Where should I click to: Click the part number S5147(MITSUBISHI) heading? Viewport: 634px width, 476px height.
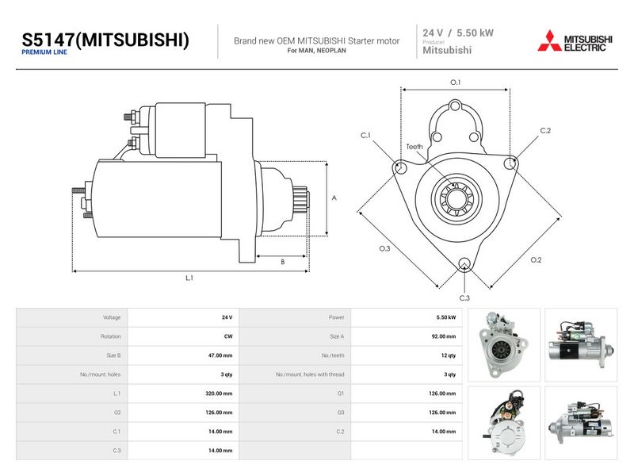[x=105, y=40]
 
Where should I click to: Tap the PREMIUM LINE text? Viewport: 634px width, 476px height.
[x=44, y=52]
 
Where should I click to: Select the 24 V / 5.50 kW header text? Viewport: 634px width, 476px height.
[x=458, y=33]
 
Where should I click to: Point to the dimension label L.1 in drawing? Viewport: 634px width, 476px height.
[x=189, y=278]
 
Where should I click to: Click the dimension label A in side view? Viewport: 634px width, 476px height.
[x=334, y=198]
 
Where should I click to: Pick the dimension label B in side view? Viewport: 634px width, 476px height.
[x=283, y=262]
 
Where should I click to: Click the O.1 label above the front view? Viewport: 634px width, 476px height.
[x=455, y=83]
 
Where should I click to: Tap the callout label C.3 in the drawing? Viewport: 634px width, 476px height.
[x=464, y=298]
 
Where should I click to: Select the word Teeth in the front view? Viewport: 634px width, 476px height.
[x=414, y=147]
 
